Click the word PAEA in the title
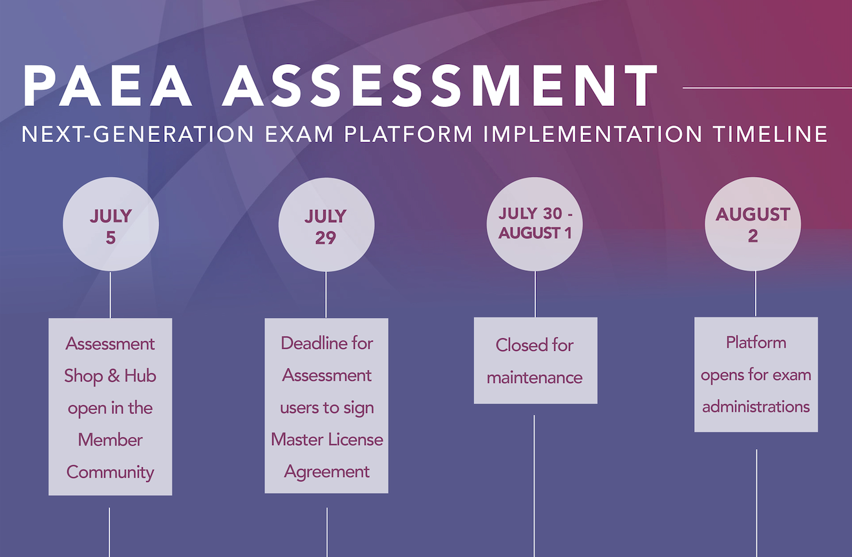[x=108, y=85]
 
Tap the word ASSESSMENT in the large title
[x=440, y=85]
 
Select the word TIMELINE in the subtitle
[x=770, y=134]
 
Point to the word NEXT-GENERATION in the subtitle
[x=137, y=134]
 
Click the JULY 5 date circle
[x=111, y=224]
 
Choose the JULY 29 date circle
[x=326, y=225]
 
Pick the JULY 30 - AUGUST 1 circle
[x=535, y=224]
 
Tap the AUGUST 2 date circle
[x=752, y=224]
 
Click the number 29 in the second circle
[x=326, y=238]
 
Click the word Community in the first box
[x=111, y=472]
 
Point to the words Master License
[x=326, y=439]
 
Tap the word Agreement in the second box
[x=326, y=472]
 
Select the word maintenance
[x=535, y=377]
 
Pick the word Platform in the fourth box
[x=756, y=342]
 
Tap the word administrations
[x=756, y=407]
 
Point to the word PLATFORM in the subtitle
[x=409, y=134]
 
